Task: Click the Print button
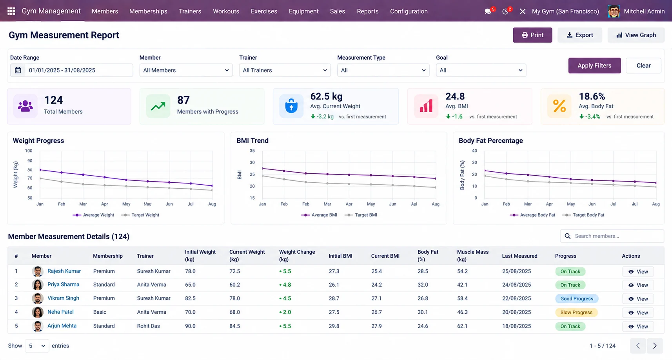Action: coord(532,35)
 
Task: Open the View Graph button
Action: coord(636,35)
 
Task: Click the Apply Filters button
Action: coord(594,65)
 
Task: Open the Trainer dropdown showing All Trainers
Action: coord(285,70)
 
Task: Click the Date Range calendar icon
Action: coord(18,70)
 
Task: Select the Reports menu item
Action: coord(367,11)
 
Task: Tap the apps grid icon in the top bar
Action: coord(11,11)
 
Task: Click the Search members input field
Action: coord(612,236)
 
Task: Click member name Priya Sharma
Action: coord(63,284)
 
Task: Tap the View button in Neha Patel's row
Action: coord(638,313)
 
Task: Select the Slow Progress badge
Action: coord(576,313)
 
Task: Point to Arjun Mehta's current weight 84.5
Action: coord(234,326)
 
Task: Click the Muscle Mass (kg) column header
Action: coord(473,256)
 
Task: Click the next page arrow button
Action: coord(655,346)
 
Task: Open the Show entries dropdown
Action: coord(37,346)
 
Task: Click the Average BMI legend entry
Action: coord(320,215)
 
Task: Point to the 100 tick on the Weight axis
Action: coord(29,151)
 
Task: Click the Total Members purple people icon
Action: coord(25,106)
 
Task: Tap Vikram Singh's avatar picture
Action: coord(38,298)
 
